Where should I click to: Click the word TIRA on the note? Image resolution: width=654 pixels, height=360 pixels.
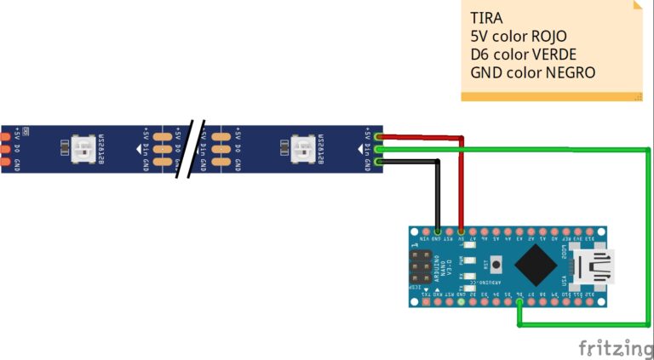click(x=486, y=18)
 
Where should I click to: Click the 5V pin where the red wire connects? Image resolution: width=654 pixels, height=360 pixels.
click(x=462, y=231)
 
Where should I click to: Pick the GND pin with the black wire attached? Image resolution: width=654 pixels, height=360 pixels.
click(x=438, y=231)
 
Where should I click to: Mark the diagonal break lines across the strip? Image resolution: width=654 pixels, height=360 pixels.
click(x=193, y=149)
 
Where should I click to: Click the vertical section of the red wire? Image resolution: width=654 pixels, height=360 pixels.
click(x=462, y=183)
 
